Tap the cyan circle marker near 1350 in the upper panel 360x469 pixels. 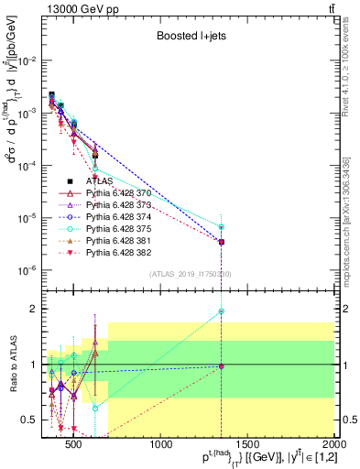click(x=222, y=227)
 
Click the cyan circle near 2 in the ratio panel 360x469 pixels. click(x=222, y=311)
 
